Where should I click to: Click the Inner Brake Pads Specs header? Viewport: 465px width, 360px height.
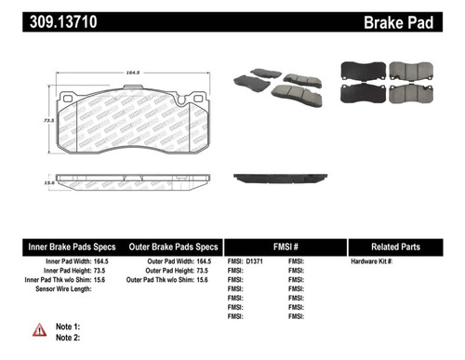coord(71,247)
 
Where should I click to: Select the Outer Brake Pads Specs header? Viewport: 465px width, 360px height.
coord(173,247)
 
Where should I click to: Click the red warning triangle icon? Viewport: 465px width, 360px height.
coord(39,330)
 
